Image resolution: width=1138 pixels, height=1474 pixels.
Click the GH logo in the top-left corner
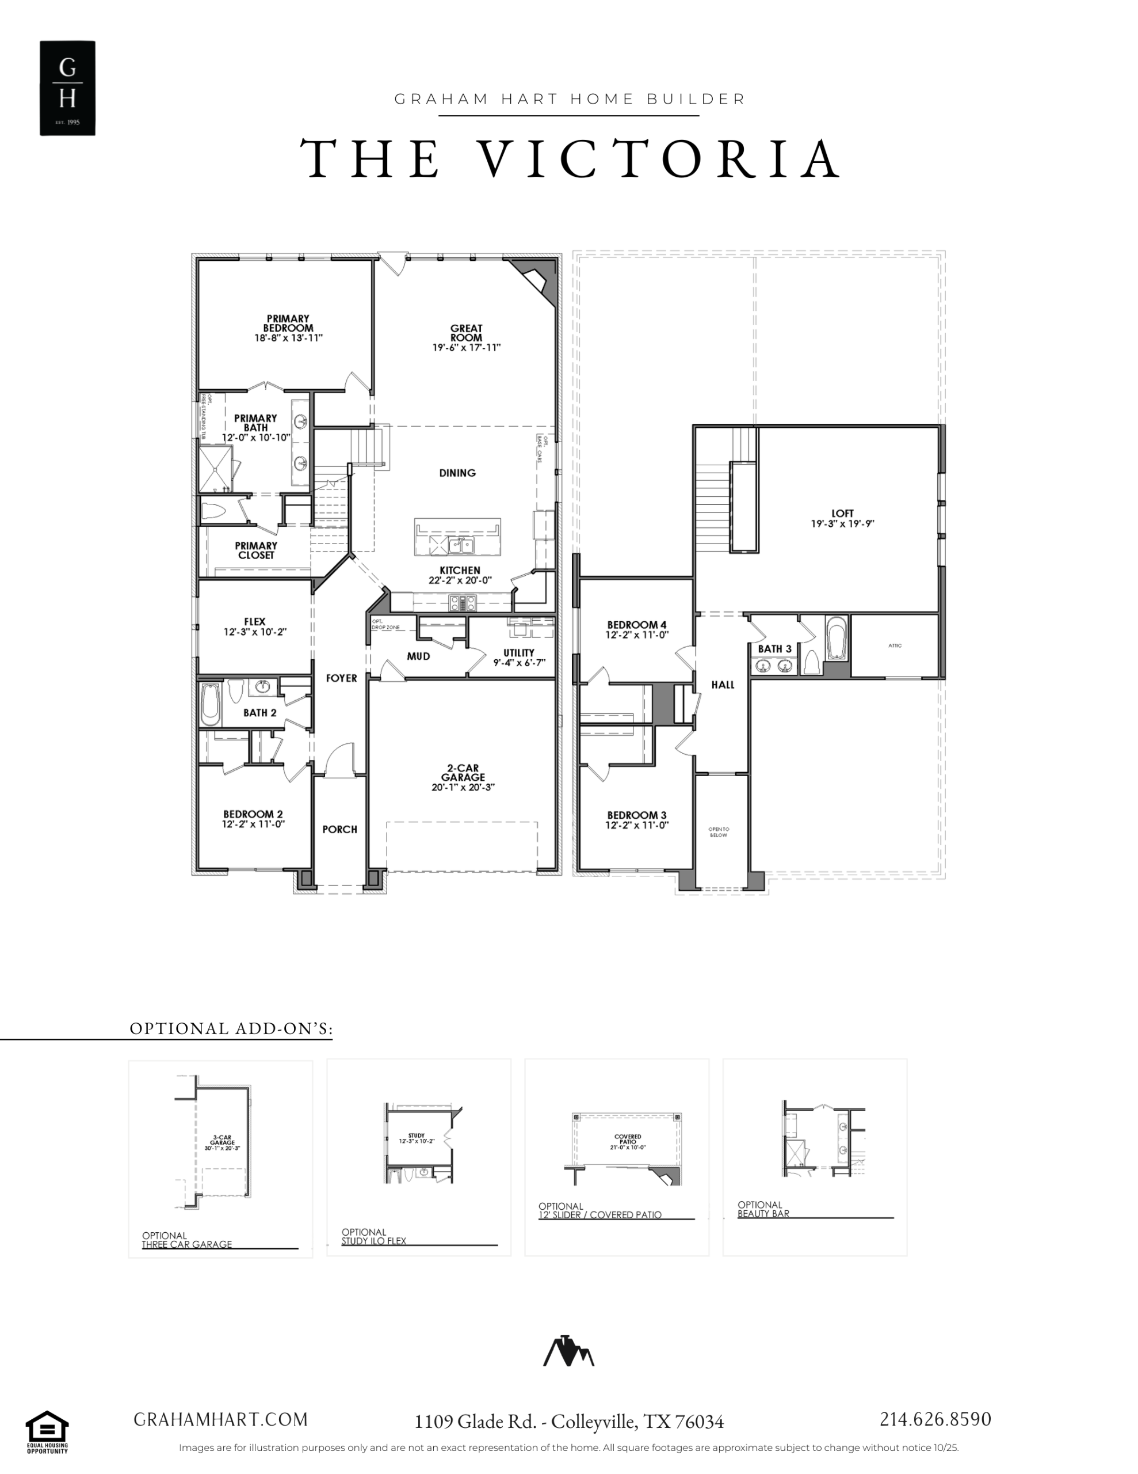point(67,88)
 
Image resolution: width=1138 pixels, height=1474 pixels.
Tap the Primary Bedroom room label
point(288,323)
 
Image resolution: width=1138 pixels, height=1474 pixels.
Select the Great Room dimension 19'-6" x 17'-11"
point(466,348)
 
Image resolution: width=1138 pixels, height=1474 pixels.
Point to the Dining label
point(457,473)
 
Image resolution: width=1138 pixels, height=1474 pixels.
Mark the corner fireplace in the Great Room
point(535,279)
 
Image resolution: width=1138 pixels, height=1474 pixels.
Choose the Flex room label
point(254,622)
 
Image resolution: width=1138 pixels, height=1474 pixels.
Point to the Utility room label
point(519,652)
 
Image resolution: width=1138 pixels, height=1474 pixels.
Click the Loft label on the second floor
point(842,513)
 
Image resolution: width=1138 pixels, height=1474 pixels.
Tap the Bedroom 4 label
point(637,625)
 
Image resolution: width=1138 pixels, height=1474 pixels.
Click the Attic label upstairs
point(895,646)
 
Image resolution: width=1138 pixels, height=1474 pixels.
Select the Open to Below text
point(719,832)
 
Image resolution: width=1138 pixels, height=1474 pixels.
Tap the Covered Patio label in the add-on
point(627,1137)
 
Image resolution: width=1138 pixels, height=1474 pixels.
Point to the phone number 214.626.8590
point(935,1419)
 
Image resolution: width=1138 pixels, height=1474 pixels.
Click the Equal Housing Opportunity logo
point(47,1431)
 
